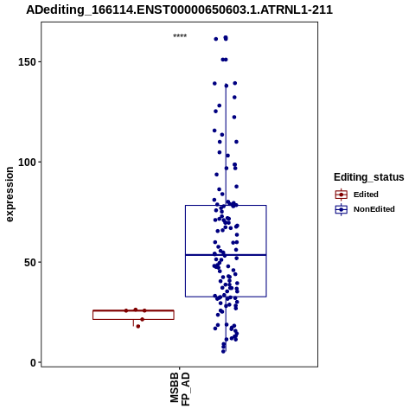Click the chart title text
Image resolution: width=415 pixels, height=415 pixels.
tap(179, 10)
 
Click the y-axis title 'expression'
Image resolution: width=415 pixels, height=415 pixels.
tap(10, 195)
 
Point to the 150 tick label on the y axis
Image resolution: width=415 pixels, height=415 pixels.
tap(26, 62)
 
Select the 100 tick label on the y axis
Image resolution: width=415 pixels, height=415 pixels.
tap(26, 162)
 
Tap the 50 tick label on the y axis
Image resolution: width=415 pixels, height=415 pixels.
tap(29, 262)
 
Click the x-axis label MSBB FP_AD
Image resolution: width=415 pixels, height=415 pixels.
tap(180, 389)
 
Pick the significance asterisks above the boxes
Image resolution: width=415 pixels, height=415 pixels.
tap(180, 36)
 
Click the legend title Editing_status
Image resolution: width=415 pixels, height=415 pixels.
tap(369, 177)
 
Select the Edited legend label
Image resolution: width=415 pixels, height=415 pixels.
tap(366, 195)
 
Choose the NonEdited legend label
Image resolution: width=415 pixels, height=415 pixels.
tap(374, 209)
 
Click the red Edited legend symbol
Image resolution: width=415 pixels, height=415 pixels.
tap(342, 195)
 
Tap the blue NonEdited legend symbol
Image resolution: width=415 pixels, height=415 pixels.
tap(342, 209)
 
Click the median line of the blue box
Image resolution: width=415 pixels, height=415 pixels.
tap(226, 255)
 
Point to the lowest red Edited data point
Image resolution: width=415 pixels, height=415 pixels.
tap(138, 326)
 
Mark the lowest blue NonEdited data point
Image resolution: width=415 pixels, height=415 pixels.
tap(223, 351)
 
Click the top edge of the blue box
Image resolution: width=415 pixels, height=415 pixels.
tap(226, 205)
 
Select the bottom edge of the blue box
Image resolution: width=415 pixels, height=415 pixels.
tap(226, 297)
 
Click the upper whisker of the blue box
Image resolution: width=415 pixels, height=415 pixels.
tap(226, 145)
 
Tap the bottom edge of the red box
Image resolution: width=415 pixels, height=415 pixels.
tap(133, 319)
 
